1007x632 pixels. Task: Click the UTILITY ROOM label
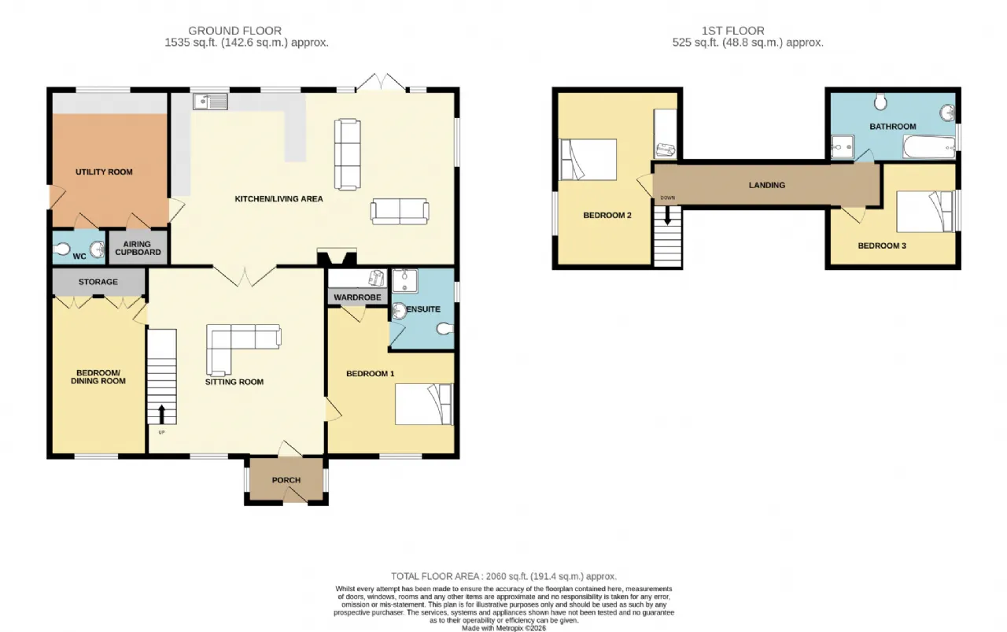pos(104,172)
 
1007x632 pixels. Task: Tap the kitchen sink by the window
pos(210,102)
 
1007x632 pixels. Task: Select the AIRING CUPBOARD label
pos(138,248)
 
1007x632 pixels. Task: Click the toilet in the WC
pos(61,249)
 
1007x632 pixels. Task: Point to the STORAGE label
pos(98,282)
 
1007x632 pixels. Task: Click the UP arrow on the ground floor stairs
pos(161,414)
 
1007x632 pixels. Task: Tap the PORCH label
pos(286,480)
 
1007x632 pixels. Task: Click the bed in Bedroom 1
pos(424,404)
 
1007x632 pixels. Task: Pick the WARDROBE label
pos(357,298)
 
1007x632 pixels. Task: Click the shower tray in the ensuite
pos(405,280)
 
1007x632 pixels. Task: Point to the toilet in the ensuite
pos(444,329)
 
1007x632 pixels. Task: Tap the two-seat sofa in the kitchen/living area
pos(400,212)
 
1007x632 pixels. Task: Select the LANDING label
pos(767,185)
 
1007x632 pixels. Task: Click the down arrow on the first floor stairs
pos(668,215)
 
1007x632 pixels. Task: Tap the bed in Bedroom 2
pos(587,160)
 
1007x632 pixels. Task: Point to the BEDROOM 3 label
pos(882,246)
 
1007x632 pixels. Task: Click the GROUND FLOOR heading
pos(234,31)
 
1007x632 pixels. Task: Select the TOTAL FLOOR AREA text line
pos(503,576)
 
